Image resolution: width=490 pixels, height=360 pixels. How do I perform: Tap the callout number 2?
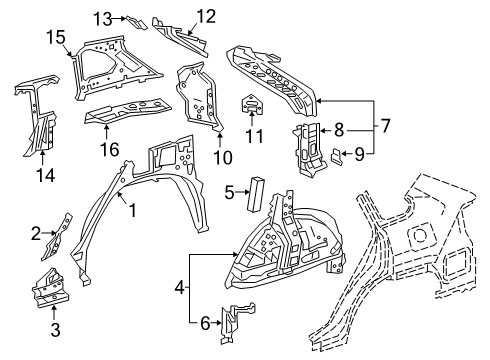click(x=35, y=233)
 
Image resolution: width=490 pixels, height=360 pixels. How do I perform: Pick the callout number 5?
click(x=229, y=193)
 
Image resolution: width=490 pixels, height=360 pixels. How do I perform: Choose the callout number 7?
click(x=381, y=126)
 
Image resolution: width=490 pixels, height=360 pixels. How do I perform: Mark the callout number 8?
click(x=340, y=129)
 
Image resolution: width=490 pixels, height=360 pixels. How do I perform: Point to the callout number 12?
click(x=205, y=15)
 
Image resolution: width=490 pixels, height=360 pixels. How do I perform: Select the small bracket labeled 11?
click(x=250, y=106)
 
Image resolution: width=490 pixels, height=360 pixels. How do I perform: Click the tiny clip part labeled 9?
click(x=337, y=154)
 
